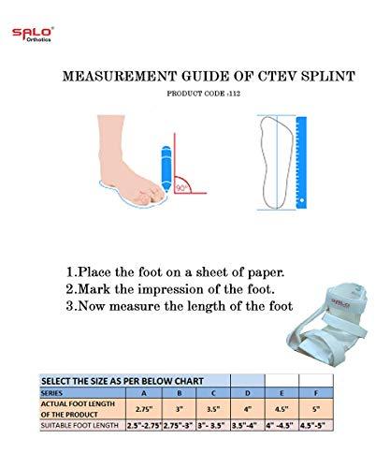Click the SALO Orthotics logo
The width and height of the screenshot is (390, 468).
(x=33, y=35)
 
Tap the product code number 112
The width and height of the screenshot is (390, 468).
(x=235, y=94)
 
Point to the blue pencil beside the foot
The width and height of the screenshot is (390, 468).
(x=166, y=168)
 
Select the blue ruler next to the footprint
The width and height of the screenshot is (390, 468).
(x=301, y=162)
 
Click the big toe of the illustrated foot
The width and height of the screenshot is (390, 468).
(x=156, y=195)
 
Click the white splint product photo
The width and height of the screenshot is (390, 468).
(x=327, y=325)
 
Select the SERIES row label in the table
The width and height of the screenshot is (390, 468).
(x=51, y=393)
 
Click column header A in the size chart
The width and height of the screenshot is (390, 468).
(x=144, y=393)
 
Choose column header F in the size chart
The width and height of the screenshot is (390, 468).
(x=316, y=393)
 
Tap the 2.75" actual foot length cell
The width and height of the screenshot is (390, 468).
(x=144, y=409)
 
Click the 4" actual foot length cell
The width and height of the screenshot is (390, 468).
(x=248, y=409)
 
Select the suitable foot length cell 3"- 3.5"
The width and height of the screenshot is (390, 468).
(x=213, y=426)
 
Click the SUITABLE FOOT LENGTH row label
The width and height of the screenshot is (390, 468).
(x=79, y=426)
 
